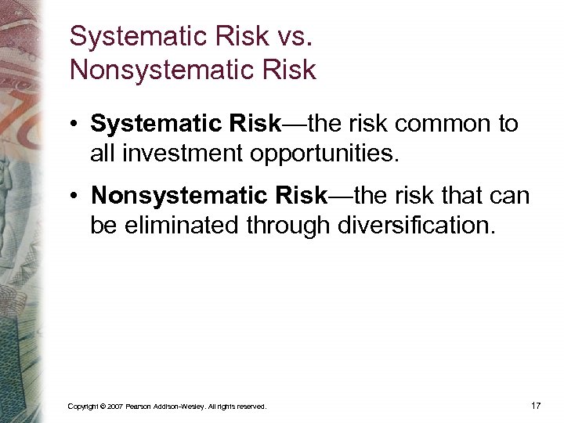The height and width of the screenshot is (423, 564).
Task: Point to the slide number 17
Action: click(x=536, y=405)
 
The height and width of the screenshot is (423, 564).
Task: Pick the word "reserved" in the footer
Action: click(x=251, y=407)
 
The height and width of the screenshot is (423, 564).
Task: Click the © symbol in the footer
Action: click(x=102, y=407)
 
